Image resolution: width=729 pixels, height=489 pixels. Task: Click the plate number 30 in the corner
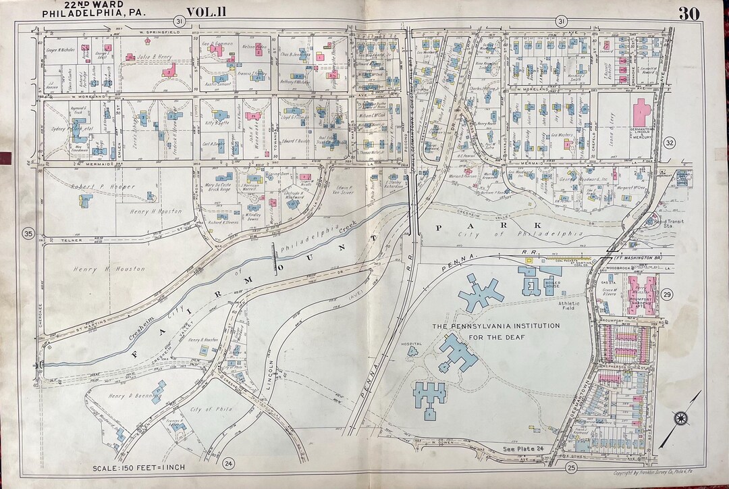pyautogui.click(x=688, y=14)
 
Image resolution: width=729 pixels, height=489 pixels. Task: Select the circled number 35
pyautogui.click(x=28, y=234)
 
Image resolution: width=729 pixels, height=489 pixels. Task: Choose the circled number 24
pyautogui.click(x=229, y=463)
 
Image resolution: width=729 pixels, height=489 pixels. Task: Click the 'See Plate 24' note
pyautogui.click(x=525, y=447)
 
